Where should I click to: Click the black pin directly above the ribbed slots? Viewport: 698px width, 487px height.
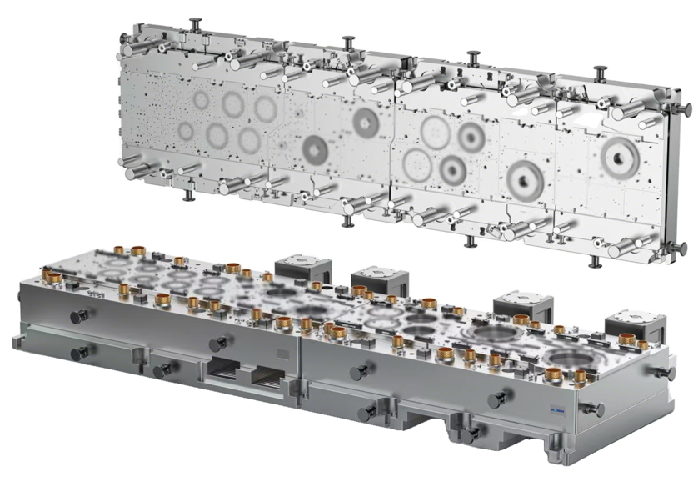pos(218,343)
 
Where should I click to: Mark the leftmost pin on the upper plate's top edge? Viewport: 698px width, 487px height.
pos(197,23)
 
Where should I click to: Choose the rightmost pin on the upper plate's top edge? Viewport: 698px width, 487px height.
pos(600,72)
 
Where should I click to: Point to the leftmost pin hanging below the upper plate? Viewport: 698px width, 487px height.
pos(189,196)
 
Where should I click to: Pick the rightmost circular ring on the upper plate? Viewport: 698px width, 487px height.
pos(618,154)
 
